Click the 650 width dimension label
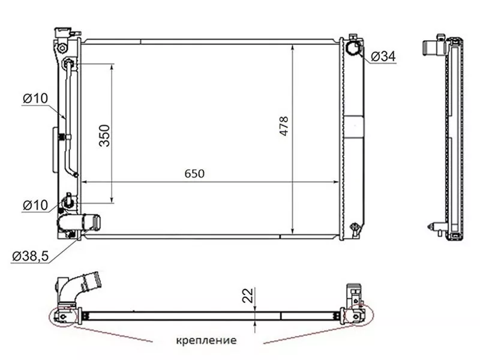click(x=194, y=173)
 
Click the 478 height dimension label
click(x=284, y=126)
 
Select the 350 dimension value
click(x=104, y=136)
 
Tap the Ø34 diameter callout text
click(x=383, y=56)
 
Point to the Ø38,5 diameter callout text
click(x=31, y=256)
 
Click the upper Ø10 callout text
click(x=35, y=98)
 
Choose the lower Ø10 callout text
click(x=35, y=205)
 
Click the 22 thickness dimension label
click(x=248, y=295)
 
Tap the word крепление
click(x=206, y=340)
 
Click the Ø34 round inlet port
click(x=353, y=48)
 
